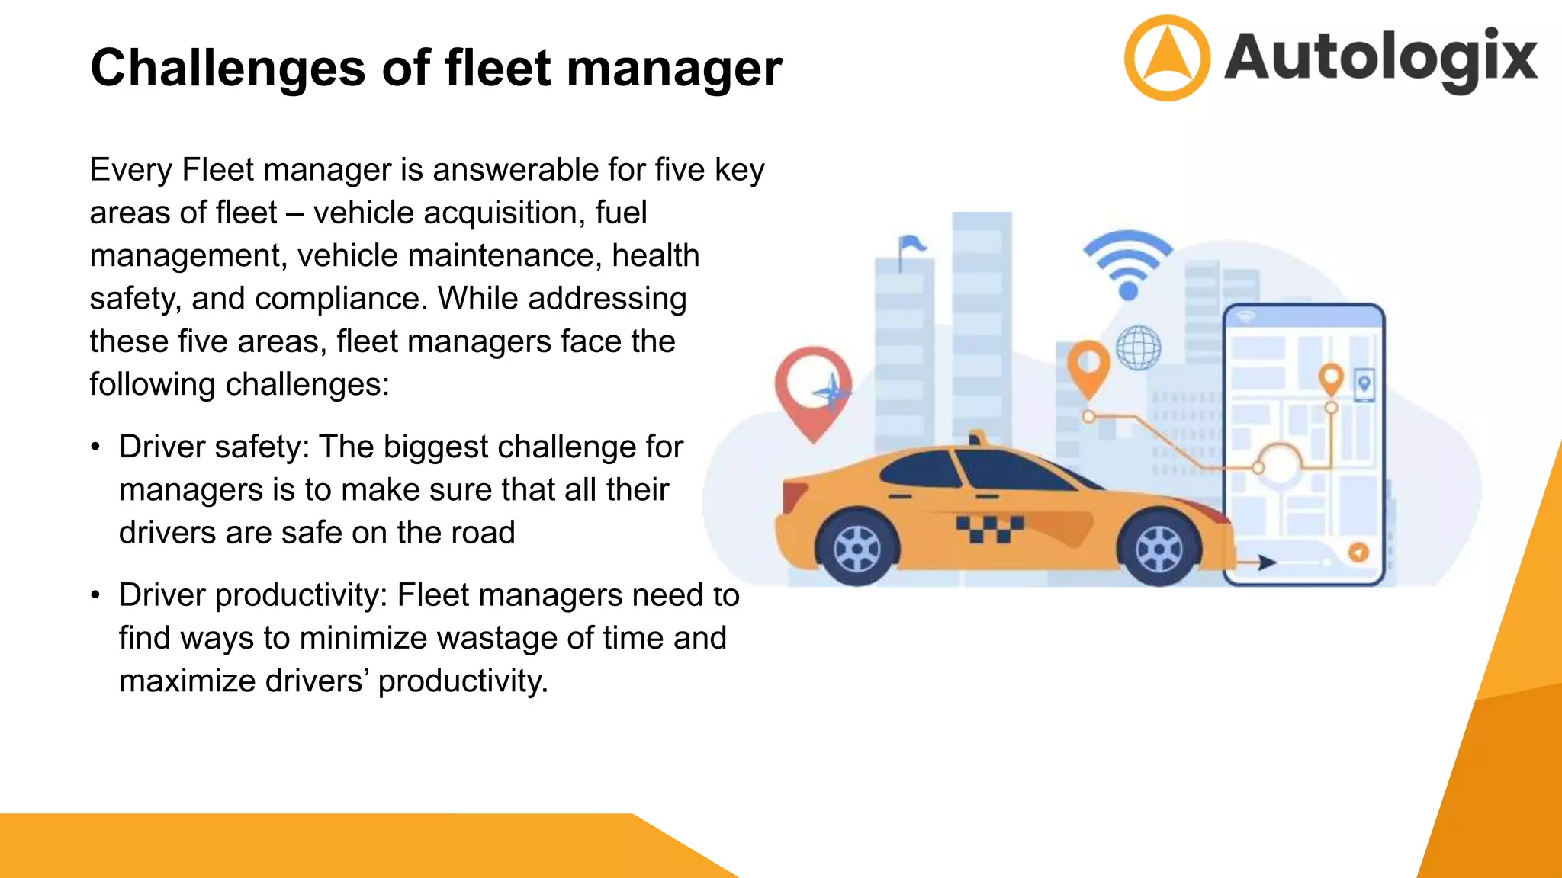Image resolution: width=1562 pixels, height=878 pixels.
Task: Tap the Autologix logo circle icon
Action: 1166,58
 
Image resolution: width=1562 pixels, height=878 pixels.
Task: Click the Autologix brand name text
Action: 1380,58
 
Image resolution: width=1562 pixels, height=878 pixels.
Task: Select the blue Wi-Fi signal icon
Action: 1128,263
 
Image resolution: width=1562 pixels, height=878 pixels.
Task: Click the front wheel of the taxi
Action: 1159,549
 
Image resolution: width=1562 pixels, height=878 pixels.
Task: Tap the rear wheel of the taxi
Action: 857,549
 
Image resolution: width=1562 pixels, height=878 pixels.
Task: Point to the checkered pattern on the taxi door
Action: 989,527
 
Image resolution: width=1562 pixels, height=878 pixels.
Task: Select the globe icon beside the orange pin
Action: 1138,348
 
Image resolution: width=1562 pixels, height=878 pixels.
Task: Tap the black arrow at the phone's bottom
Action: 1266,562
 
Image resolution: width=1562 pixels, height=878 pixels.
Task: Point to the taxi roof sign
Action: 975,438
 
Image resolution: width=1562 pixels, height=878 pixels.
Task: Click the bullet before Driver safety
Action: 95,447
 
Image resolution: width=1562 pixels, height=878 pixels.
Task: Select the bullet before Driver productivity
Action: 95,595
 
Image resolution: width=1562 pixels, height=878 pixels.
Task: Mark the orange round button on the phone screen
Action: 1358,552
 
